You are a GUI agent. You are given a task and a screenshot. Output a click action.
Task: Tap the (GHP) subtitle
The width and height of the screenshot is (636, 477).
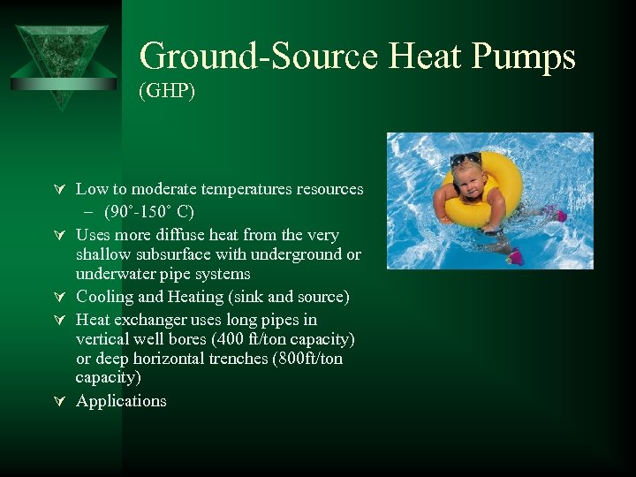tap(167, 91)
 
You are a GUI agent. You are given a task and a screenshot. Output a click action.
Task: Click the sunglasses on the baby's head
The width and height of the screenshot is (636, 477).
tap(466, 161)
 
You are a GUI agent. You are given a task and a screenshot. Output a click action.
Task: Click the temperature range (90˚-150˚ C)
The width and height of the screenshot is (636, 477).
tap(148, 212)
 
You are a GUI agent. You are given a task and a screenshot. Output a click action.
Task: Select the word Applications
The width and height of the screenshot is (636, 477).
tap(121, 401)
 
